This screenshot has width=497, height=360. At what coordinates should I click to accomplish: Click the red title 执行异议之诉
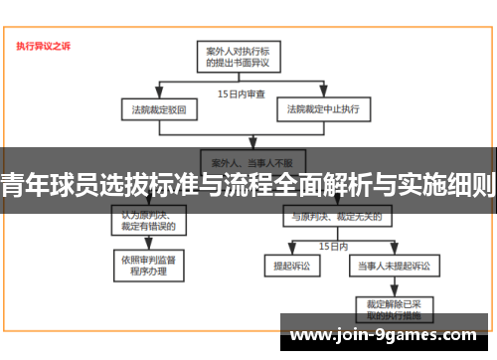44,45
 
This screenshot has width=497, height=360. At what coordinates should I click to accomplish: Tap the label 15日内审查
242,93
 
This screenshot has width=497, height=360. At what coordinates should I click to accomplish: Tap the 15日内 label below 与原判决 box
332,245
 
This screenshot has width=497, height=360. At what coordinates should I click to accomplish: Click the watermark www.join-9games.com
389,336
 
